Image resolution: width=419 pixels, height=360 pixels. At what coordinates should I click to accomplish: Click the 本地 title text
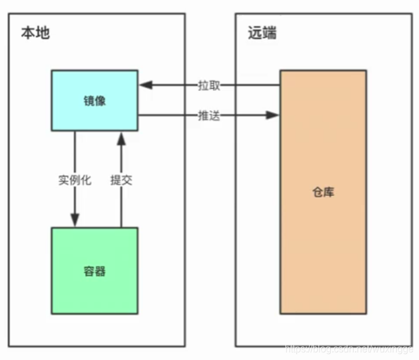tap(35, 33)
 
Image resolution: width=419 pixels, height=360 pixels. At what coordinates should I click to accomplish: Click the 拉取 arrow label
tap(209, 85)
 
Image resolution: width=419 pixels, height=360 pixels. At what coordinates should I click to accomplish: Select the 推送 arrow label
tap(209, 115)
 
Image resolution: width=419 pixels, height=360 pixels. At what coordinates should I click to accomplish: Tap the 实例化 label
tap(74, 179)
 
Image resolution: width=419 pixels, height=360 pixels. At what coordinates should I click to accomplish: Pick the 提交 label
tap(121, 179)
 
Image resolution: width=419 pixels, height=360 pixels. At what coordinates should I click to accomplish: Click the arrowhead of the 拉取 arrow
tap(145, 85)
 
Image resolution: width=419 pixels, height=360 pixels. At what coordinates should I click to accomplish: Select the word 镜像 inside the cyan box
tap(94, 101)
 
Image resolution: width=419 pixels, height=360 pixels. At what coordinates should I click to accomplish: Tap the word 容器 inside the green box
tap(94, 271)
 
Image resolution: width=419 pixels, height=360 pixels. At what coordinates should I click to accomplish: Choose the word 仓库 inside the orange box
tap(322, 193)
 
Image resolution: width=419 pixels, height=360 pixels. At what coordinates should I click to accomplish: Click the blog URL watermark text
tap(351, 349)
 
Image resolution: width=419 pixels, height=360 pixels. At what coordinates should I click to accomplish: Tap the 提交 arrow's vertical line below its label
tap(121, 207)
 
